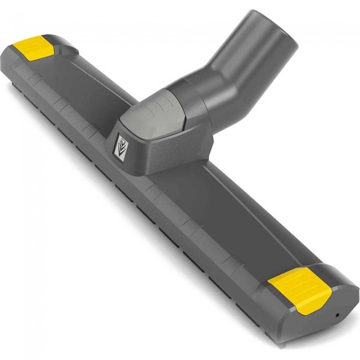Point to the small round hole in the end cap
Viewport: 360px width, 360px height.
point(338,315)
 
